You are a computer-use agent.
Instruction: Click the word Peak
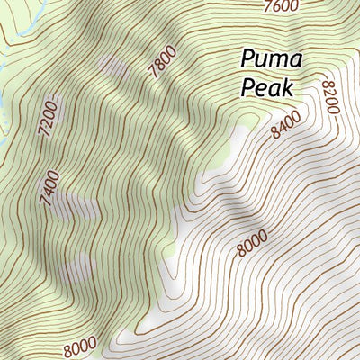tap(269, 87)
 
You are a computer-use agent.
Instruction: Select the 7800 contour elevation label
tap(163, 63)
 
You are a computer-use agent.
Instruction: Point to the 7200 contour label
tap(49, 118)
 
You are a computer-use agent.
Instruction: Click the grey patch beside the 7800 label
tap(112, 66)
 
